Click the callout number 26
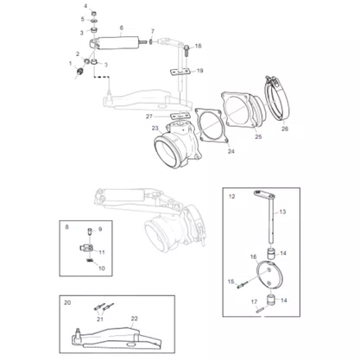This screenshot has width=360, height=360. click(285, 129)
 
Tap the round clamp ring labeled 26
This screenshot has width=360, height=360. click(277, 99)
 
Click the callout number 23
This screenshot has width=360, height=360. click(155, 128)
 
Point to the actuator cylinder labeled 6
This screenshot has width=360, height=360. click(117, 43)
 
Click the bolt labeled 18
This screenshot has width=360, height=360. click(186, 50)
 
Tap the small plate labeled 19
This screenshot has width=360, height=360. click(180, 72)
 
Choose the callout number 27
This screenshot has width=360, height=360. click(149, 117)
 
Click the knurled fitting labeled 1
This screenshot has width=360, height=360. click(79, 71)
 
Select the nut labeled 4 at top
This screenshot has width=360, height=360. click(94, 13)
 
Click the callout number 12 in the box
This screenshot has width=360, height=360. click(231, 196)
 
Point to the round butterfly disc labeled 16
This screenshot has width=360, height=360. click(269, 275)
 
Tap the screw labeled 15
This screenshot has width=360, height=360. click(241, 286)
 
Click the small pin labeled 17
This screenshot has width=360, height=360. click(259, 310)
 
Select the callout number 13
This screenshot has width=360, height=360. click(282, 212)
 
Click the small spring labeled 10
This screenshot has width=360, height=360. click(90, 261)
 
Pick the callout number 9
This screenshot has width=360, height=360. click(100, 229)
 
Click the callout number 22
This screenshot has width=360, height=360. click(135, 319)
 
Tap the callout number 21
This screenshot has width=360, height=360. click(100, 319)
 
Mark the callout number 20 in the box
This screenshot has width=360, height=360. click(67, 303)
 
